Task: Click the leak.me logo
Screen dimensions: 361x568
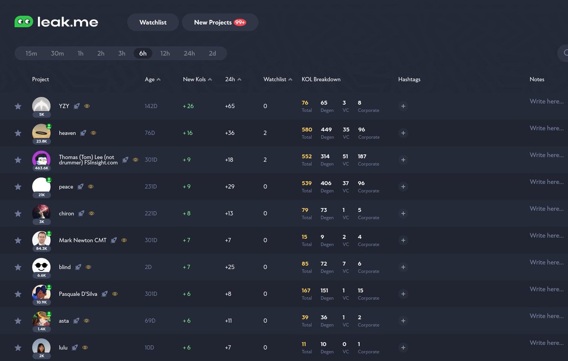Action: (x=56, y=22)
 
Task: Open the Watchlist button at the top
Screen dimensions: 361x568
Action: (x=153, y=22)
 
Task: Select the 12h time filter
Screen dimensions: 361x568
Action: (x=165, y=54)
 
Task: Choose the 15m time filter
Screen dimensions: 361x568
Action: (x=31, y=54)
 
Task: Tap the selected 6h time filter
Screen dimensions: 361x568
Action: (x=142, y=54)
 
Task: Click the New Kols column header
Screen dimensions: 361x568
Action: (x=195, y=80)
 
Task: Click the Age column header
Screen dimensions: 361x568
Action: (x=150, y=80)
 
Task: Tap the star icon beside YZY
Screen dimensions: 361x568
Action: (x=18, y=106)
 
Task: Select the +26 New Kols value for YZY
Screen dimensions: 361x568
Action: (x=188, y=106)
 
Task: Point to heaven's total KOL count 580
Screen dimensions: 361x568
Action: (x=307, y=129)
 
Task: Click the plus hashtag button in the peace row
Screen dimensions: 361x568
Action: (x=403, y=187)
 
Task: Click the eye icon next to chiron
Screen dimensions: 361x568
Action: (x=92, y=214)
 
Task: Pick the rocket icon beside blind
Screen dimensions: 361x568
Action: (x=78, y=267)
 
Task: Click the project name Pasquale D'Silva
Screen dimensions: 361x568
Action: (x=78, y=294)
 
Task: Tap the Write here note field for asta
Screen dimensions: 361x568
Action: (x=546, y=316)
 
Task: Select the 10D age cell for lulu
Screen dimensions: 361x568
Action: (x=149, y=348)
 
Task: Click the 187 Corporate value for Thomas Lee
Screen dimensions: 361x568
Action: (x=362, y=156)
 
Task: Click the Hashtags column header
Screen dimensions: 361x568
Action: (x=409, y=80)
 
